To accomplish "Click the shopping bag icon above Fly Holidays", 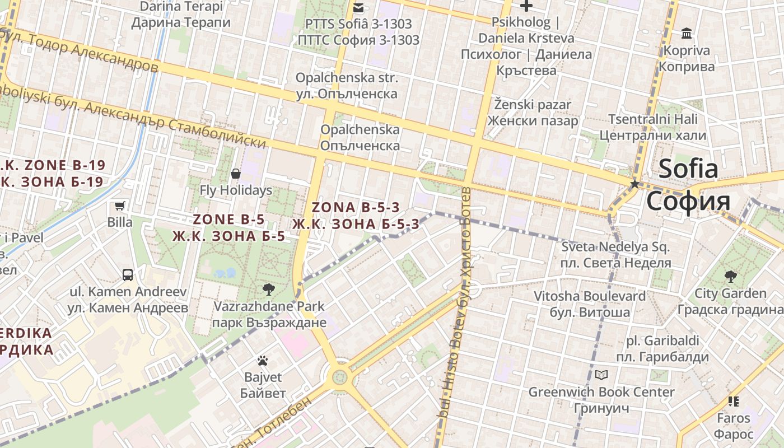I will [236, 174].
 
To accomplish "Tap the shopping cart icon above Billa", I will [119, 206].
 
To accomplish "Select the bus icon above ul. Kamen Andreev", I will [128, 275].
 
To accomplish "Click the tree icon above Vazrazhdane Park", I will [269, 290].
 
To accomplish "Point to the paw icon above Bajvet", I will [263, 360].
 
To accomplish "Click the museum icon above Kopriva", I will [687, 34].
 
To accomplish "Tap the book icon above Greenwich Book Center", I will [601, 375].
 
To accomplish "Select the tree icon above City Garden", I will [730, 276].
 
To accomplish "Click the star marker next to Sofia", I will [634, 184].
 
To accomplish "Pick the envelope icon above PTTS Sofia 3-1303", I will [358, 7].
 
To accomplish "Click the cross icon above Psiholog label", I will [526, 6].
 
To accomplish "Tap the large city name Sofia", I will [688, 169].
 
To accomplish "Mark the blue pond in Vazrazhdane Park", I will [225, 273].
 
